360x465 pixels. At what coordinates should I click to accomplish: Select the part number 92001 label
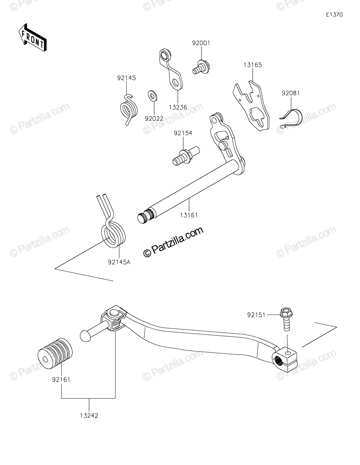pos(201,43)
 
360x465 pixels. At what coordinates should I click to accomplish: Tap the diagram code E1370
pos(334,15)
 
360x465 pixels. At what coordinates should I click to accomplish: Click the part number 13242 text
pos(89,416)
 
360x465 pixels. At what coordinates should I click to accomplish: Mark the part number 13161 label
pos(189,215)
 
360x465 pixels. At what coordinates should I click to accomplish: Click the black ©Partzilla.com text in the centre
pos(173,242)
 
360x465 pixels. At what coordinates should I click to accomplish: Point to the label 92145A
pos(119,262)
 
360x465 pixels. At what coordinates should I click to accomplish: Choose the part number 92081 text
pos(291,93)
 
